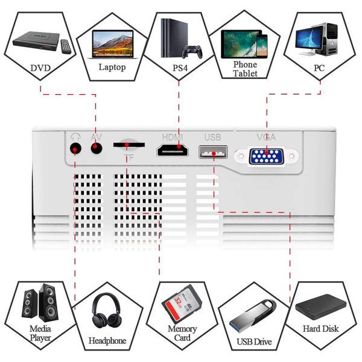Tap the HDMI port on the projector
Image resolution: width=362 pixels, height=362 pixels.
pos(171,151)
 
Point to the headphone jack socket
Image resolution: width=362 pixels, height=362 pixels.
pos(75,148)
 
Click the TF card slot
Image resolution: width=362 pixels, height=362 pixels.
pos(129,145)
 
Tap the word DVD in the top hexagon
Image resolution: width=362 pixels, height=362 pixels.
pos(41,68)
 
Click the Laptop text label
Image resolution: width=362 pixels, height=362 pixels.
pos(112,67)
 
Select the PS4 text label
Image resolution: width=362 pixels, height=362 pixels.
pos(180,68)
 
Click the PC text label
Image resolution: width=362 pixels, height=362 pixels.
pos(319,68)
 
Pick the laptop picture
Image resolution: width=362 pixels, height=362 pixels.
pos(113,43)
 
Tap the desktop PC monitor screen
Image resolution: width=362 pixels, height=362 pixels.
pos(310,37)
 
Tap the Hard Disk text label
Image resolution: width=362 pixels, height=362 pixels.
pos(320,329)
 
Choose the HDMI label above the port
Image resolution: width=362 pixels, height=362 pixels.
pos(172,137)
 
